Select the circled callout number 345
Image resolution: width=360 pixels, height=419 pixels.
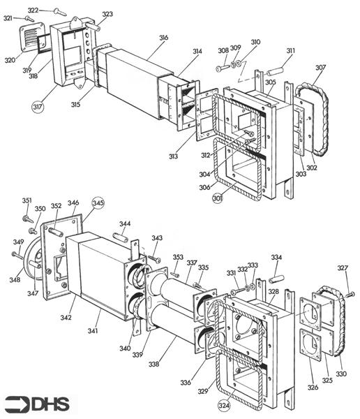(98, 203)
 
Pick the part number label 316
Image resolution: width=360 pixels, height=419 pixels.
(163, 37)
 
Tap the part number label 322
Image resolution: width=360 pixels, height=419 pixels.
(33, 10)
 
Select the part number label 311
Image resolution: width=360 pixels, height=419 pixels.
(290, 50)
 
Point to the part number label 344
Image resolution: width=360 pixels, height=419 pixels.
(124, 224)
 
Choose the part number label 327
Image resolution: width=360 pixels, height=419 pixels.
(343, 267)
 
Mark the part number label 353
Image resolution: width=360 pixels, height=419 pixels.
(178, 258)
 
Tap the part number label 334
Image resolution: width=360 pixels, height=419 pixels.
(277, 258)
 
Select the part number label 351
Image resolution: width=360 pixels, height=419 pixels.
(27, 201)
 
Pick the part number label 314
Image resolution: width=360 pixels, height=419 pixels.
(197, 51)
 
